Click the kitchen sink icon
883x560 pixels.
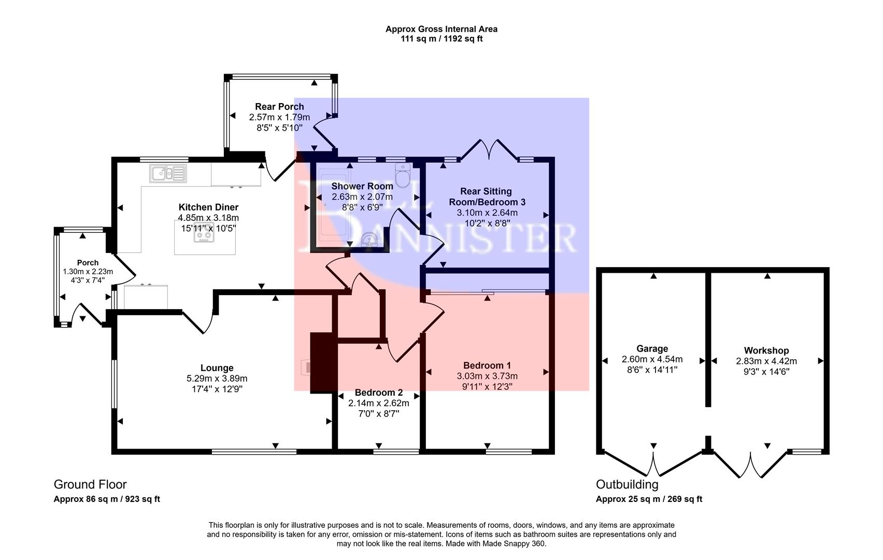pyautogui.click(x=168, y=173)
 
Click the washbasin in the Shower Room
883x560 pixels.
pyautogui.click(x=369, y=240)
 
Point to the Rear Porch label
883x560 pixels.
pyautogui.click(x=279, y=107)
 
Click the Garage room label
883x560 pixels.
pyautogui.click(x=652, y=348)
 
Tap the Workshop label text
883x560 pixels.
pyautogui.click(x=766, y=351)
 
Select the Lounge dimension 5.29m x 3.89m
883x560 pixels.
pyautogui.click(x=217, y=379)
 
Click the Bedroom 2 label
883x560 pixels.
pyautogui.click(x=378, y=393)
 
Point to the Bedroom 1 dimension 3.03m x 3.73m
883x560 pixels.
pyautogui.click(x=487, y=376)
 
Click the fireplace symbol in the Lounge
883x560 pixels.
pyautogui.click(x=306, y=368)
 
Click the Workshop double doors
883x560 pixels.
pyautogui.click(x=749, y=464)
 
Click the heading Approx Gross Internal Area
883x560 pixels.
pyautogui.click(x=441, y=30)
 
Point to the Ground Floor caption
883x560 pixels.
pyautogui.click(x=90, y=484)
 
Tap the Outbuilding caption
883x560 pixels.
pyautogui.click(x=626, y=484)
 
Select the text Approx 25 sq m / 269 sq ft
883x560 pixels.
pyautogui.click(x=649, y=499)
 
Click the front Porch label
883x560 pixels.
pyautogui.click(x=88, y=263)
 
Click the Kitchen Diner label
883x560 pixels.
pyautogui.click(x=208, y=207)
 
